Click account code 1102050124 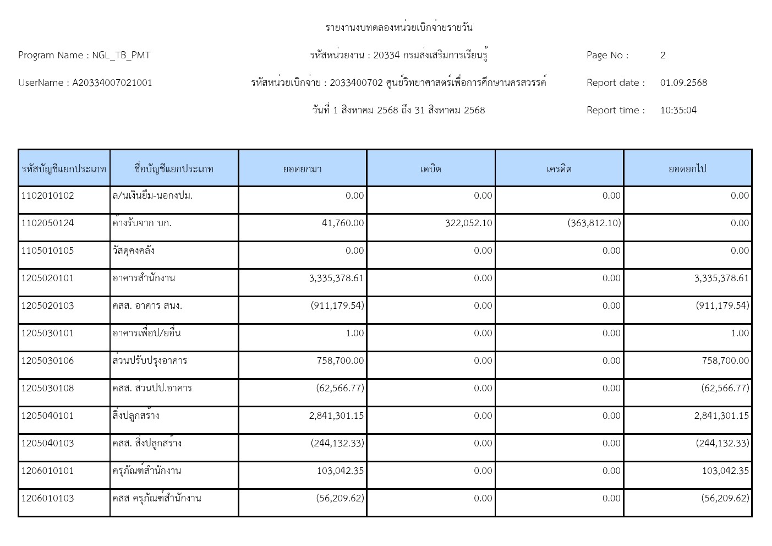point(47,223)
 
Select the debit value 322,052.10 point(468,223)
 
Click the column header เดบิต point(431,169)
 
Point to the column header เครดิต point(559,169)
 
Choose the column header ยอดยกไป point(687,169)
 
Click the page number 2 point(663,55)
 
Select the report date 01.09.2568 point(683,83)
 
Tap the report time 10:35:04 point(678,110)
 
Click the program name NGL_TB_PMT point(121,55)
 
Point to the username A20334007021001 point(112,83)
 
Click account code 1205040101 point(47,416)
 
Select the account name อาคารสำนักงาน point(144,279)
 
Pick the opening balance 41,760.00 point(342,223)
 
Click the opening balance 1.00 point(355,334)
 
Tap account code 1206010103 point(47,499)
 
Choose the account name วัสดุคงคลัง point(133,251)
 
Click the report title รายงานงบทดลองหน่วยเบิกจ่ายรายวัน point(399,28)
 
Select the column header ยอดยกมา point(302,169)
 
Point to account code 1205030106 point(47,361)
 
